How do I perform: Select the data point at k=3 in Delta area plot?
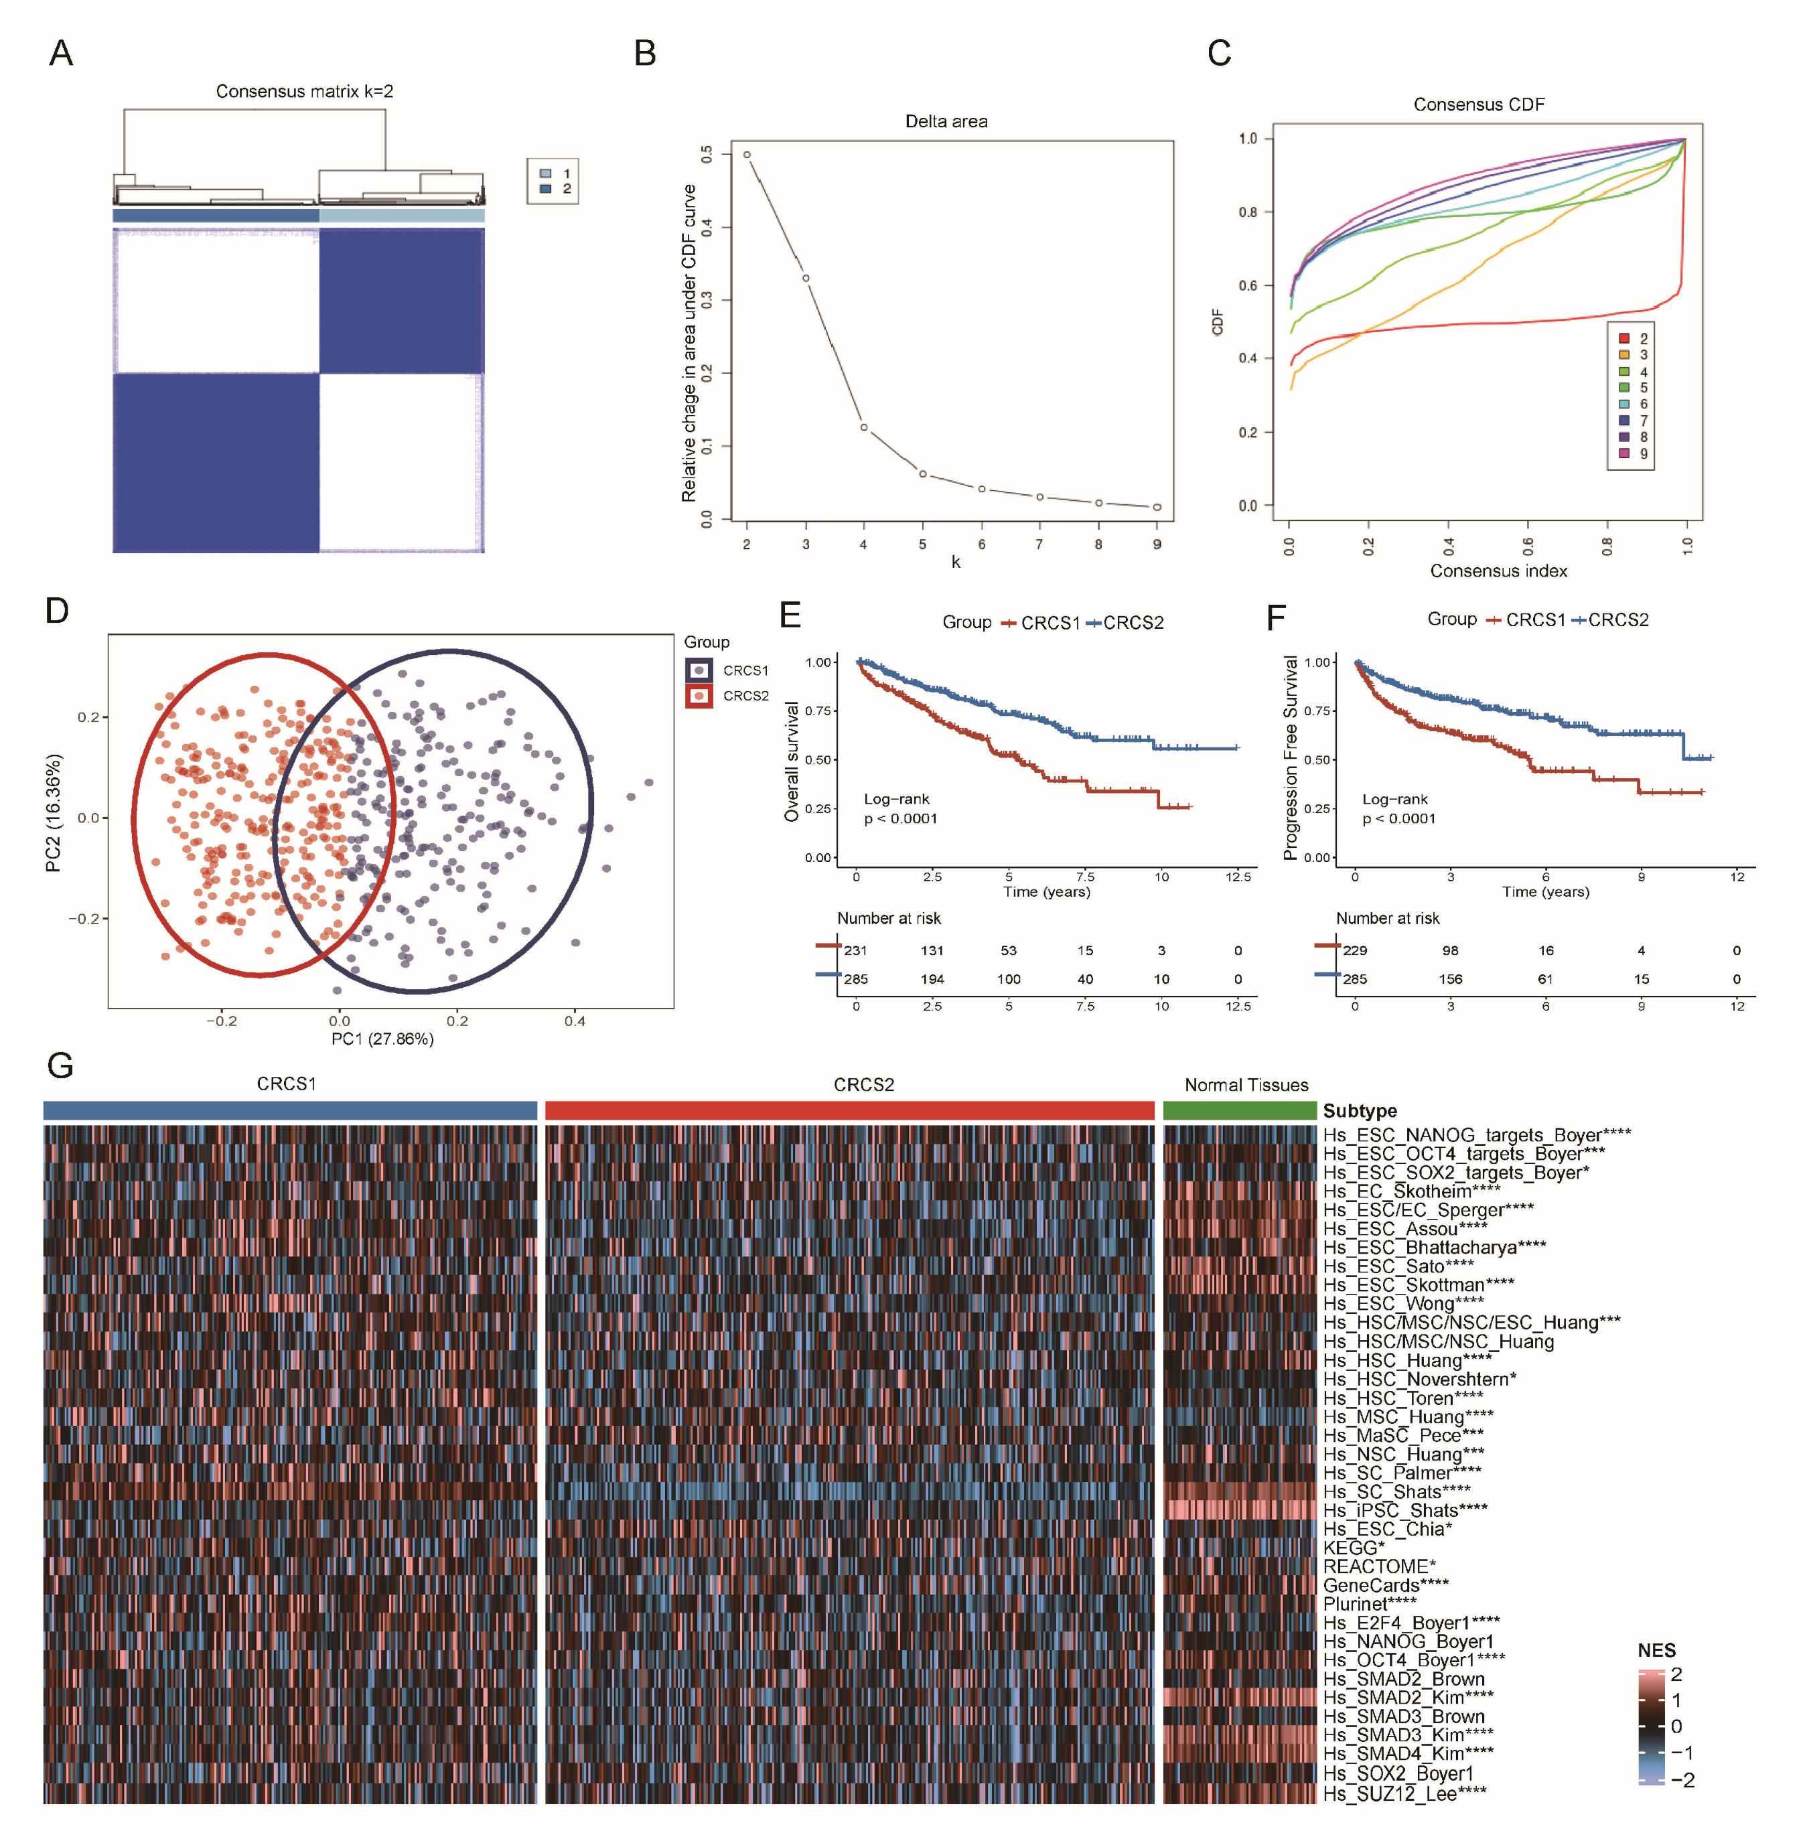tap(806, 278)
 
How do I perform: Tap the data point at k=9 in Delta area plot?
tap(1157, 507)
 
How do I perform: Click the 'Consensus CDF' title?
tap(1479, 104)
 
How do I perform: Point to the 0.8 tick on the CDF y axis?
tap(1247, 212)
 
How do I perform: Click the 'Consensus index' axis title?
tap(1498, 571)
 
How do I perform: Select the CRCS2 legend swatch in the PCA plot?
tap(699, 696)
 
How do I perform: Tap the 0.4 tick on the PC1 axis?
tap(575, 1021)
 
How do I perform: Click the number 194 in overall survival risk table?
tap(932, 978)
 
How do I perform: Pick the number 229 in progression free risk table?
tap(1356, 950)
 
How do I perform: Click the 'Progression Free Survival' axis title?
tap(1290, 757)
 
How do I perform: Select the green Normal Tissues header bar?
tap(1240, 1110)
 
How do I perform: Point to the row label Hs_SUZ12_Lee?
tap(1404, 1793)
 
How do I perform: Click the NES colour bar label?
tap(1656, 1649)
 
